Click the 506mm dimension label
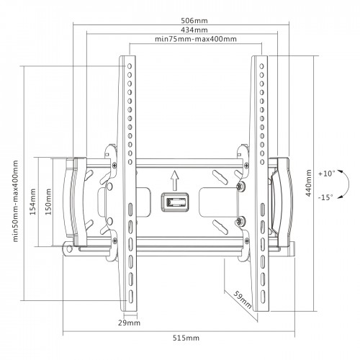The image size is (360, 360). (194, 20)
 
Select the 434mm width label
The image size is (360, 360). (194, 30)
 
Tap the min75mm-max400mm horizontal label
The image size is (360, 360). (196, 39)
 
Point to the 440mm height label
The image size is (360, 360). (308, 183)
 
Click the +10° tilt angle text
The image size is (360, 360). (326, 174)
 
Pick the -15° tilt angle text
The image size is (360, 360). (325, 197)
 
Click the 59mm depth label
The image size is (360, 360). (243, 300)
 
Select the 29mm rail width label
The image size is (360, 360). (129, 323)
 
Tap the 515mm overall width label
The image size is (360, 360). (186, 338)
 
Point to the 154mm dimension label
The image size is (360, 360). (32, 202)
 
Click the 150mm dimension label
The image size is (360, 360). (48, 202)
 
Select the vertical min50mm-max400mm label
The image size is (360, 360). (15, 201)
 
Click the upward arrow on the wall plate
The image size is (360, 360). (175, 180)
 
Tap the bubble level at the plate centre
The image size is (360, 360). (175, 202)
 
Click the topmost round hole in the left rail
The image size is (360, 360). (130, 66)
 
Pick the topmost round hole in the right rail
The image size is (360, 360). (261, 66)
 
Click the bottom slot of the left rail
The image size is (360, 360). (131, 297)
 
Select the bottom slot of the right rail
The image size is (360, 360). (263, 297)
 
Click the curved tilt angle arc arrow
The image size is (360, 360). (348, 184)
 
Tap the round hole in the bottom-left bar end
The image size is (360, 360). (69, 249)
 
